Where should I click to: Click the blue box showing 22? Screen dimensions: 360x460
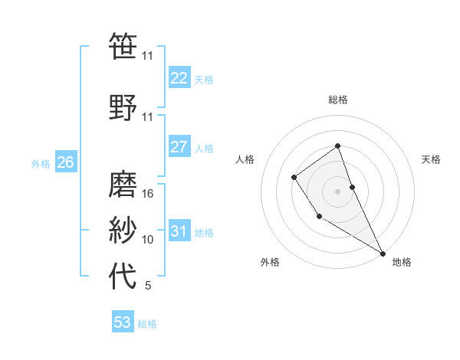(179, 78)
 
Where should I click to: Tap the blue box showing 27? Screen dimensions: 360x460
(179, 147)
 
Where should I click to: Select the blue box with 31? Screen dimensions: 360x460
(179, 231)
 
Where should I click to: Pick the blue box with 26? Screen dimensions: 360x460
(65, 162)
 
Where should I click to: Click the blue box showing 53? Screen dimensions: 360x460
(123, 322)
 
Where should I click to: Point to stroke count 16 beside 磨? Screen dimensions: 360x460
(148, 194)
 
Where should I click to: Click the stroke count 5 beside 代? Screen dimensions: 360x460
(148, 286)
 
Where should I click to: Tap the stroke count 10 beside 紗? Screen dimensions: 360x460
(148, 240)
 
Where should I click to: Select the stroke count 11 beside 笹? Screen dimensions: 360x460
(148, 56)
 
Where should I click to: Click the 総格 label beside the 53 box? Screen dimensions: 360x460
(147, 324)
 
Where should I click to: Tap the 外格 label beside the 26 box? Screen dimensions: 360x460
(40, 164)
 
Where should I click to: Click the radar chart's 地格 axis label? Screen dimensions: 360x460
(402, 262)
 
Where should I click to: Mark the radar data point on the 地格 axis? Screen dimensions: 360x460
(383, 253)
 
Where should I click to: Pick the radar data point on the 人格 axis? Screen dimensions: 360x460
(294, 178)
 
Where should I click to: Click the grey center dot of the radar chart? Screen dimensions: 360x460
(337, 191)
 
